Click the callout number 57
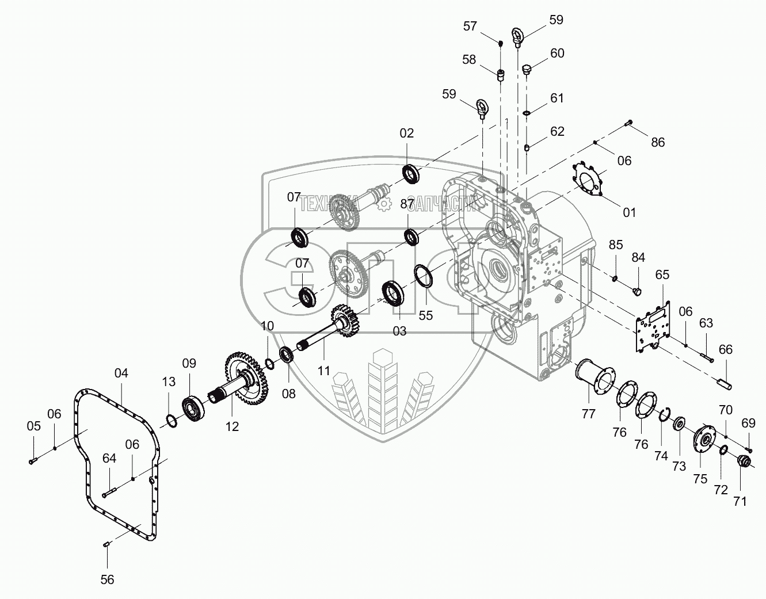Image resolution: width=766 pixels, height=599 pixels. click(x=470, y=26)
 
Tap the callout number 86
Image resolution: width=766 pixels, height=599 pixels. click(x=657, y=142)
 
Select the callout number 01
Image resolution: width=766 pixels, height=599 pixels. click(x=630, y=212)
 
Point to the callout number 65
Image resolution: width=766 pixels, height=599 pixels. click(x=662, y=274)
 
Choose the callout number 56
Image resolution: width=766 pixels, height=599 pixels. click(x=108, y=579)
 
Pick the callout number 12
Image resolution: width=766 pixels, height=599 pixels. click(x=232, y=426)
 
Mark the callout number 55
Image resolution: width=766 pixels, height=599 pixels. click(x=426, y=315)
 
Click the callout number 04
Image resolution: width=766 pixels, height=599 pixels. click(x=121, y=373)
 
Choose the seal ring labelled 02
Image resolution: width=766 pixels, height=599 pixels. click(x=410, y=173)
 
